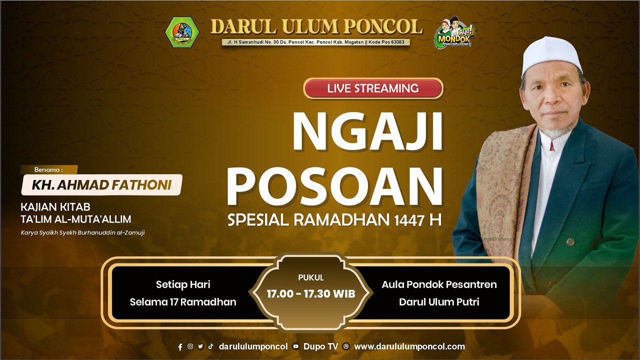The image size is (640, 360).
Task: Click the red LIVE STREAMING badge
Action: [x=373, y=88]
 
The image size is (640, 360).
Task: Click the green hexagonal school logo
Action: [x=182, y=32]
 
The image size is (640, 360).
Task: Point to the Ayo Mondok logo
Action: [x=454, y=33]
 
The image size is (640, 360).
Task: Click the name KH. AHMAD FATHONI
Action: [x=101, y=185]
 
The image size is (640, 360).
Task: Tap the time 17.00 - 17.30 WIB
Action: [x=311, y=293]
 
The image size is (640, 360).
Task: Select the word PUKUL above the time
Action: [x=311, y=277]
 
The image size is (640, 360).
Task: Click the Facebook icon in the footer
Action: [x=180, y=347]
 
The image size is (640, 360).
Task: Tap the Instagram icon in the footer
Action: [x=190, y=346]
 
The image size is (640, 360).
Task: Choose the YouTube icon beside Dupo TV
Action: [x=296, y=346]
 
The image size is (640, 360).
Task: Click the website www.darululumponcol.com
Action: [x=409, y=346]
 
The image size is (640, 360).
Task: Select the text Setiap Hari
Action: [x=183, y=284]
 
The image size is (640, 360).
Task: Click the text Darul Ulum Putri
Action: [x=439, y=302]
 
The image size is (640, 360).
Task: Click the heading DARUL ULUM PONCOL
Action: [x=316, y=26]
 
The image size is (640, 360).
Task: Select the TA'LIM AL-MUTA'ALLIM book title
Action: [x=76, y=219]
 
